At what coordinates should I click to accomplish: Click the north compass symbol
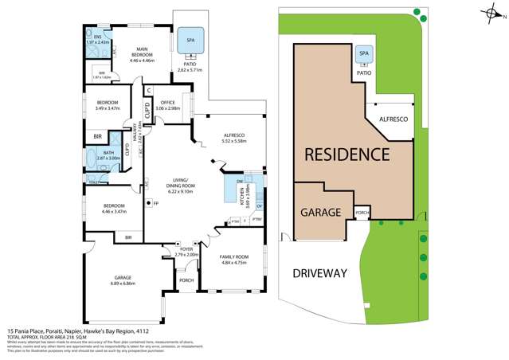click(495, 11)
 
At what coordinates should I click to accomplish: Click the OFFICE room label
click(167, 102)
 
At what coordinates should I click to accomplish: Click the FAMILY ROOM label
click(234, 256)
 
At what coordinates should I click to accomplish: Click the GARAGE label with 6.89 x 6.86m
click(126, 279)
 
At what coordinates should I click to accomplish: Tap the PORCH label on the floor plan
click(186, 280)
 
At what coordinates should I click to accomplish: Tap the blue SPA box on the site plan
click(364, 53)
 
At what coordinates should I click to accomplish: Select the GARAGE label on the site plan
click(321, 213)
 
